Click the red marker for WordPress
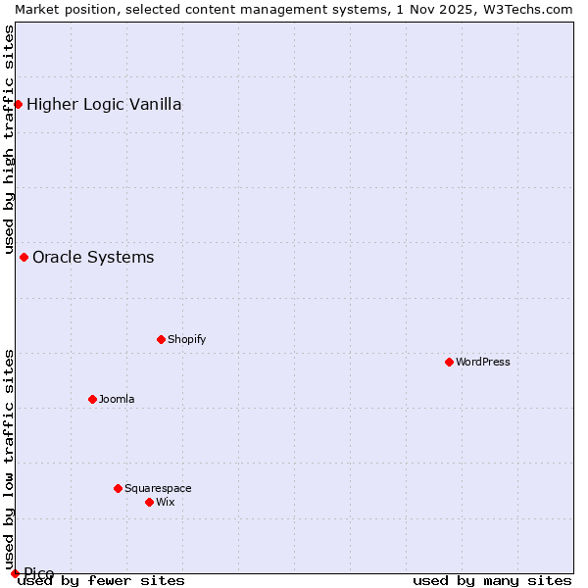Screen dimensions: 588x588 tap(449, 362)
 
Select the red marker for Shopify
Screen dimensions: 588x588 tap(161, 339)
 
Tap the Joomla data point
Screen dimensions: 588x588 tap(92, 399)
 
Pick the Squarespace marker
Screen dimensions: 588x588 tap(118, 488)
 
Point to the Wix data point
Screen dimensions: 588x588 tap(149, 502)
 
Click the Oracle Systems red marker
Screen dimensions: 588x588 tap(24, 257)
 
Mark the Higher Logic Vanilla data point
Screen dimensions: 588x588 tap(18, 104)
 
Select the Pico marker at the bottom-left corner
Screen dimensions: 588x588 tap(15, 573)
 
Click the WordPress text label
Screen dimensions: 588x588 tap(483, 362)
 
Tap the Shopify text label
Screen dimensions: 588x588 tap(186, 339)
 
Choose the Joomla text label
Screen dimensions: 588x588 tap(117, 399)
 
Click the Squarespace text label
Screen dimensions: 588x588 tap(158, 488)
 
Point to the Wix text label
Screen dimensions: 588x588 tap(165, 502)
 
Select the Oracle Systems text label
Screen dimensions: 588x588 tap(93, 257)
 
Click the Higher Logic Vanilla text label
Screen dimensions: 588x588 tap(104, 104)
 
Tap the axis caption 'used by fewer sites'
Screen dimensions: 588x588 tap(101, 580)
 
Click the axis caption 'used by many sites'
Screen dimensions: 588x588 tap(492, 580)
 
